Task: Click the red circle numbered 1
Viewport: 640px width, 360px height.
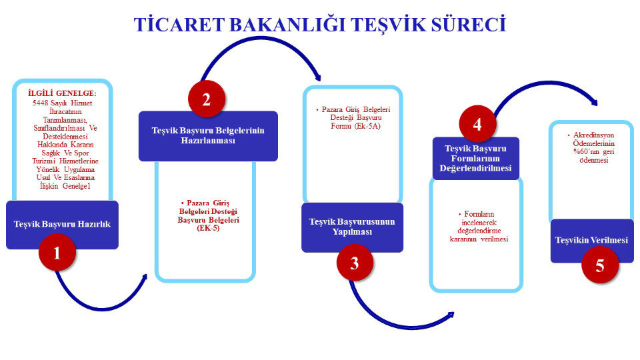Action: point(57,253)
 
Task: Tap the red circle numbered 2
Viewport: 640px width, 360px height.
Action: point(206,100)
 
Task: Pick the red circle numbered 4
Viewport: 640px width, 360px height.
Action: point(477,123)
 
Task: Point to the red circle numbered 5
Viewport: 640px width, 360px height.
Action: point(599,265)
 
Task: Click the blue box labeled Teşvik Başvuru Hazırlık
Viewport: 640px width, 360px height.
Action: point(62,224)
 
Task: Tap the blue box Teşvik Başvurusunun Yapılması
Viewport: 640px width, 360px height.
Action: point(352,227)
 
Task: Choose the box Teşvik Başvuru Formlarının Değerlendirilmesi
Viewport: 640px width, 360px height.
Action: point(475,158)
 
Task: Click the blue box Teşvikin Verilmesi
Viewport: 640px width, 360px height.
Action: point(591,240)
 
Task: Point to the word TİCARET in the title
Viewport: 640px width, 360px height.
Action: point(175,25)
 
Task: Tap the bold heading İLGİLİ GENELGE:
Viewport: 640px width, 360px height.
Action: point(62,93)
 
